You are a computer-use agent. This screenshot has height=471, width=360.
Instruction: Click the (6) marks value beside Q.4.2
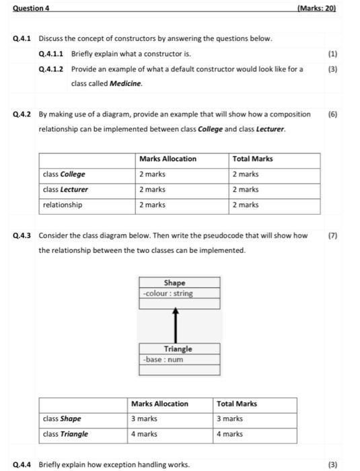pyautogui.click(x=332, y=114)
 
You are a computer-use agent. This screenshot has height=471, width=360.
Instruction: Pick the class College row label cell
pyautogui.click(x=64, y=174)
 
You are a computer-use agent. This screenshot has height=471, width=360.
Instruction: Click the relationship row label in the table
pyautogui.click(x=63, y=205)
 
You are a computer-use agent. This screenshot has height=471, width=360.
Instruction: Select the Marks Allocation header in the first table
pyautogui.click(x=168, y=159)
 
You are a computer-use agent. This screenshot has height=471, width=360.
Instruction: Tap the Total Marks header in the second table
pyautogui.click(x=237, y=404)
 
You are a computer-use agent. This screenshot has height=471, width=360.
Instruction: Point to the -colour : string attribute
pyautogui.click(x=168, y=293)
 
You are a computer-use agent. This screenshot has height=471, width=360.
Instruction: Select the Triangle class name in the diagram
pyautogui.click(x=178, y=349)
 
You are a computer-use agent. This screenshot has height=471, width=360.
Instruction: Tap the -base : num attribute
pyautogui.click(x=164, y=359)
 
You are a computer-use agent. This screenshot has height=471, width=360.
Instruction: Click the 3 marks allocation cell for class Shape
pyautogui.click(x=144, y=419)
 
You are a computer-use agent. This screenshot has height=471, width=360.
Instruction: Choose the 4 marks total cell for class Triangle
pyautogui.click(x=229, y=434)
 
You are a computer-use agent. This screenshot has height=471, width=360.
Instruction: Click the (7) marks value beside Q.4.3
pyautogui.click(x=332, y=235)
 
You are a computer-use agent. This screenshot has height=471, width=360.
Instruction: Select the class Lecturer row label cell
pyautogui.click(x=65, y=190)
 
